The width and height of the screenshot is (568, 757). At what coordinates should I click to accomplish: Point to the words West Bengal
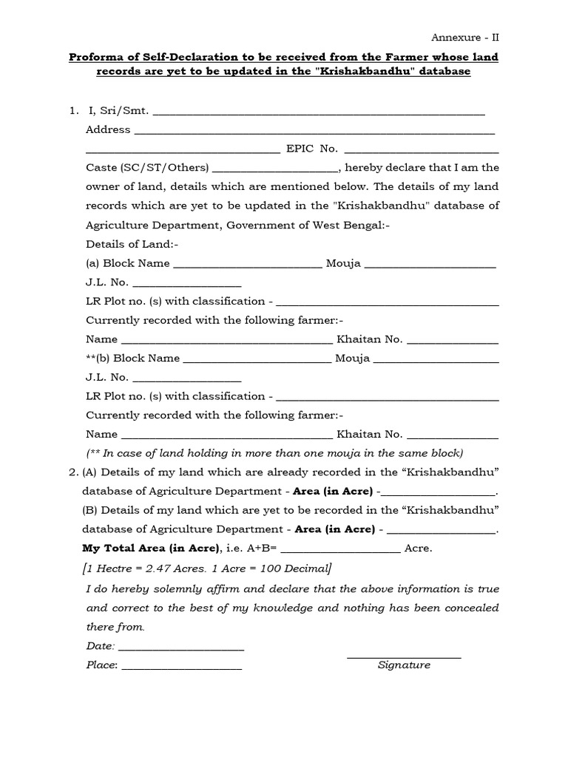(348, 225)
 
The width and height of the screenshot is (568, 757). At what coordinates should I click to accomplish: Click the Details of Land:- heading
(132, 244)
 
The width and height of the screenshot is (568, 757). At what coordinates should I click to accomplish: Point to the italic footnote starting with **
(274, 453)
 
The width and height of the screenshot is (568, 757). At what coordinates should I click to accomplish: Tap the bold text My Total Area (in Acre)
(151, 549)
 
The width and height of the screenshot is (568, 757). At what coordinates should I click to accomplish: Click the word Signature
(404, 665)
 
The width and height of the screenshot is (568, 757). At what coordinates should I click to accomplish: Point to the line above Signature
(404, 656)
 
